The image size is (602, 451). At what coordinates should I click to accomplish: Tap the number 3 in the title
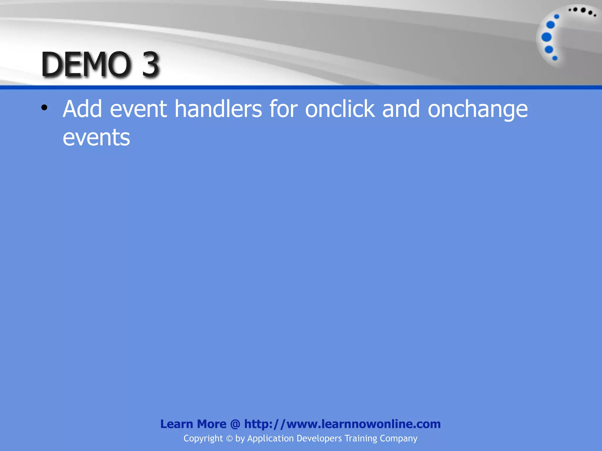(150, 64)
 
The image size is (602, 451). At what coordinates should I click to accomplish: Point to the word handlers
(218, 109)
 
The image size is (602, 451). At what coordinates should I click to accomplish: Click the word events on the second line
(96, 137)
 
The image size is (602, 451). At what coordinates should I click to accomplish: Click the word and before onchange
(401, 109)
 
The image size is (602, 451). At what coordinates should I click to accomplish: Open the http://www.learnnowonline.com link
(342, 424)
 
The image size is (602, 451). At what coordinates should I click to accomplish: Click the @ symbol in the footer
(235, 424)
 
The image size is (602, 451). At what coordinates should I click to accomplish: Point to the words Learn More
(193, 424)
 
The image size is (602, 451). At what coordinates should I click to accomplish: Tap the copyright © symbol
(229, 439)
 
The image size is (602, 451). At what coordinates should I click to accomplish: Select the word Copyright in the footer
(203, 439)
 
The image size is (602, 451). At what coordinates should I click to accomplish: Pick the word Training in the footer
(360, 439)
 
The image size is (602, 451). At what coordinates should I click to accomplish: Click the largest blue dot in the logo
(546, 37)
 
